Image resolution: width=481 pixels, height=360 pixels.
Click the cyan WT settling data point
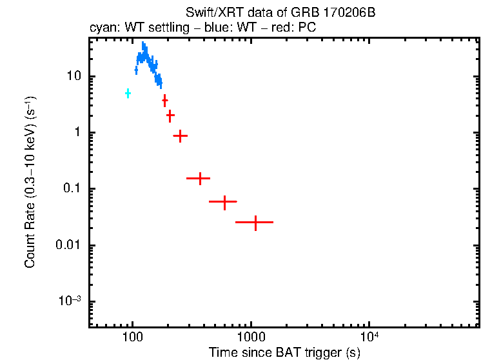point(128,94)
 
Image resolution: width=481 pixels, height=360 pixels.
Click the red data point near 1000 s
point(255,222)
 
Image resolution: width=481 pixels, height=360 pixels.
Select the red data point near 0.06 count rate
point(224,202)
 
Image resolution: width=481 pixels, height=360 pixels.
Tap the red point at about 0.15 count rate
point(199,178)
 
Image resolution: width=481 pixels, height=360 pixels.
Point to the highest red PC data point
point(165,100)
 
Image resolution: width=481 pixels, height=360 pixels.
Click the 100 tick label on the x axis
point(132,337)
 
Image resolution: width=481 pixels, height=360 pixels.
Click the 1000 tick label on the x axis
point(250,337)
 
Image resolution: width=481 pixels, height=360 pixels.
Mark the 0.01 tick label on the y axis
point(69,246)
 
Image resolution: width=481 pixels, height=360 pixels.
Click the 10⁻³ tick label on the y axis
point(70,301)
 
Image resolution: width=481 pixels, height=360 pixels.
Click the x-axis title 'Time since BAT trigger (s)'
point(284,352)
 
